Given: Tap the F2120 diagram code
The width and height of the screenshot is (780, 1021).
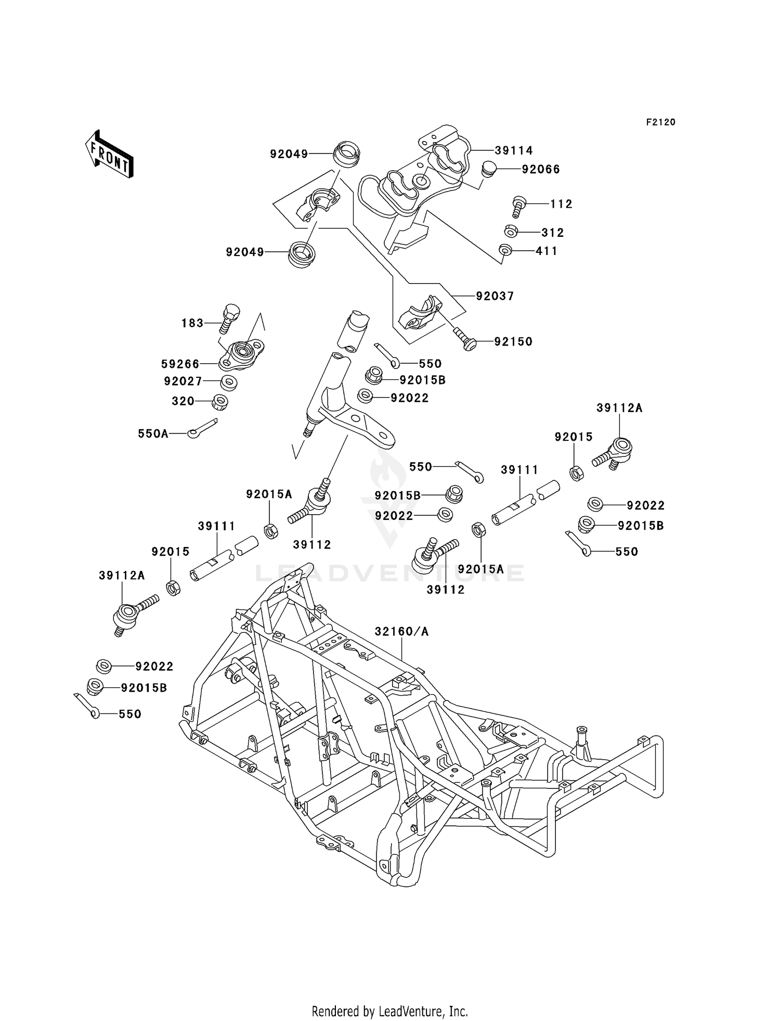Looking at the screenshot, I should (660, 122).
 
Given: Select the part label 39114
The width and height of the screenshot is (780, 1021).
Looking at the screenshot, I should (513, 151).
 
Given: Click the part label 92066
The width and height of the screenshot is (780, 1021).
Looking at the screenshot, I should (541, 169).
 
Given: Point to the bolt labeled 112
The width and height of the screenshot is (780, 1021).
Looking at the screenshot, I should (518, 206).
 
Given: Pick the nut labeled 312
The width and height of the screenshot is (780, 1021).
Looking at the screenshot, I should (511, 231).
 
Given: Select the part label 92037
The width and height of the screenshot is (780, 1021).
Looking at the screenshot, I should (495, 296).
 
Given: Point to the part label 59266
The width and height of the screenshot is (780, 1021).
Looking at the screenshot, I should (180, 364).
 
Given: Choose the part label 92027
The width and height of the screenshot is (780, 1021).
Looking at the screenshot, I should (183, 381).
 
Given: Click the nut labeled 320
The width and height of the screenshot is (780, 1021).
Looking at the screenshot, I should (220, 402).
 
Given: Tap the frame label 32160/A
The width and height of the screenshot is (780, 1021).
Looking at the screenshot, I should (401, 631).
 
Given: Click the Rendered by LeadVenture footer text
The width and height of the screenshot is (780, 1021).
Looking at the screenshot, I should (389, 1011).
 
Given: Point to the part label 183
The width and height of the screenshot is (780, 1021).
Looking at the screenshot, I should (192, 323).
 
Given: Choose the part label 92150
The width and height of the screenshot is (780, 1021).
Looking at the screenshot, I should (513, 342).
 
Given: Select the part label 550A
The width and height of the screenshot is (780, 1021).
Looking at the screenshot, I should (153, 433).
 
